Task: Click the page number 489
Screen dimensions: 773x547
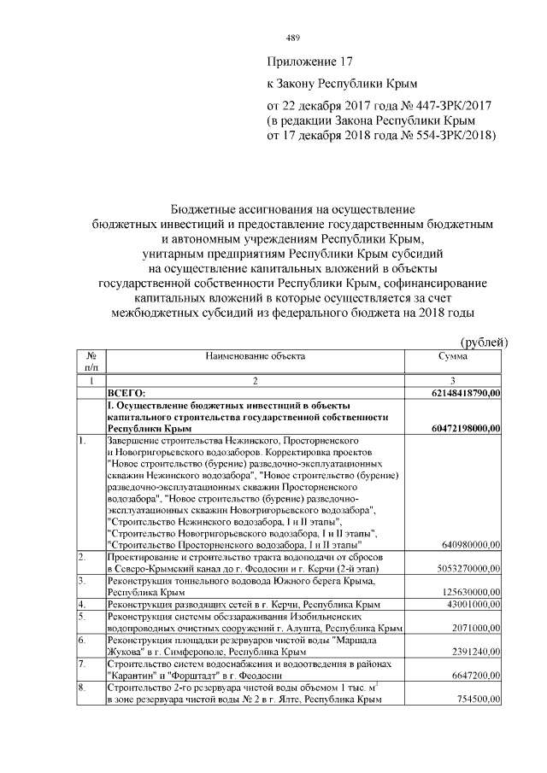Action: tap(293, 38)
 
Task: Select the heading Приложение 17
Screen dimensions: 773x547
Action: tap(310, 62)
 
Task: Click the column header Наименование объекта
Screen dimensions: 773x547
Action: tap(255, 356)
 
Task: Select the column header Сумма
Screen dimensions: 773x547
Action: tap(453, 356)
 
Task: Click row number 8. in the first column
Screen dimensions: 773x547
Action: tap(82, 688)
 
